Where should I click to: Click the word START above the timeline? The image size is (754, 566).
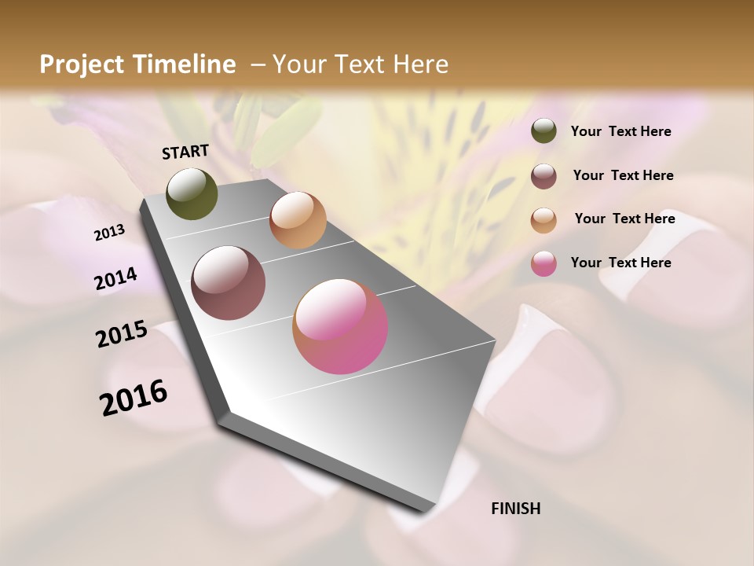tap(185, 152)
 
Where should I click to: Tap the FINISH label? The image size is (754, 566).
tap(515, 509)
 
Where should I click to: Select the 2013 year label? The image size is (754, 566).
tap(110, 233)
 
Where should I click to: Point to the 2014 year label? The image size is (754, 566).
tap(116, 278)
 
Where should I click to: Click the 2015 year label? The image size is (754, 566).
tap(122, 334)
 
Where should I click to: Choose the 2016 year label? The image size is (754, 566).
tap(134, 397)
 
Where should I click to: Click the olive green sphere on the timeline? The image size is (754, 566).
tap(192, 193)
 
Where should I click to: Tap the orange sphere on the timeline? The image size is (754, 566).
tap(298, 220)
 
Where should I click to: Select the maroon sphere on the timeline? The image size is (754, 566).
tap(228, 283)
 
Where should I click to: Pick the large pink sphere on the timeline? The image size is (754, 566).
tap(340, 326)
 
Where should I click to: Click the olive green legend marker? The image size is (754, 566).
tap(544, 131)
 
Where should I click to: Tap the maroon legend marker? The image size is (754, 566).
tap(544, 176)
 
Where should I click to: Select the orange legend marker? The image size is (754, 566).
tap(544, 220)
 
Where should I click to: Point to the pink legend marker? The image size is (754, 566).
tap(544, 263)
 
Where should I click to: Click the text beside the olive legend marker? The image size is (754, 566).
tap(620, 131)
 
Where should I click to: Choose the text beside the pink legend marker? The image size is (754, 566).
tap(620, 263)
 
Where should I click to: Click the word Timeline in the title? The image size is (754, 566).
tap(184, 64)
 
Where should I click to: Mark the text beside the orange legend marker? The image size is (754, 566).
tap(624, 219)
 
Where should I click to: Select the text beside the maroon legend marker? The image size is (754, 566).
tap(623, 175)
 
